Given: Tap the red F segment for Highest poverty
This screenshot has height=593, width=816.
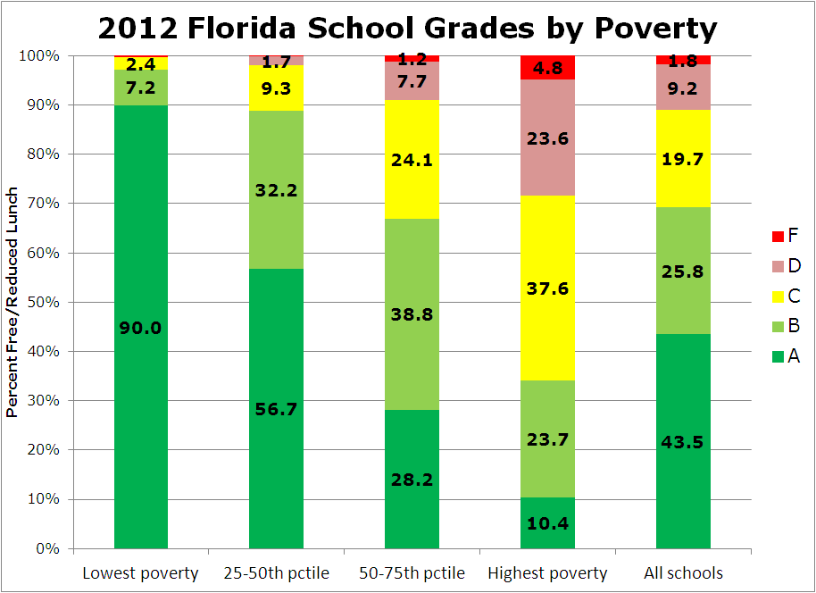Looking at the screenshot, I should point(547,67).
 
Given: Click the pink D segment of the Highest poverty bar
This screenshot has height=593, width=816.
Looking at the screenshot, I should point(547,138).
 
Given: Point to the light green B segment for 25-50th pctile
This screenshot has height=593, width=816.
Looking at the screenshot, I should point(276,189).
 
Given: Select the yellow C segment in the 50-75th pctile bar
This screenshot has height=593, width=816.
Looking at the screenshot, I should point(412,161).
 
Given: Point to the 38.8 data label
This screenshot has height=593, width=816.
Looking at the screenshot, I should point(412,314).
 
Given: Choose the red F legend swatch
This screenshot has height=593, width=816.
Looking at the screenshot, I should point(776,237).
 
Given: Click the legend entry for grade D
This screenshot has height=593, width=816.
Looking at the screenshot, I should point(785,266).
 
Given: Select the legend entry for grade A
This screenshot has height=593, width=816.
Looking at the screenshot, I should point(785,356).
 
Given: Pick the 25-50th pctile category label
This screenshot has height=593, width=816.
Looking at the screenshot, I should point(276,573).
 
